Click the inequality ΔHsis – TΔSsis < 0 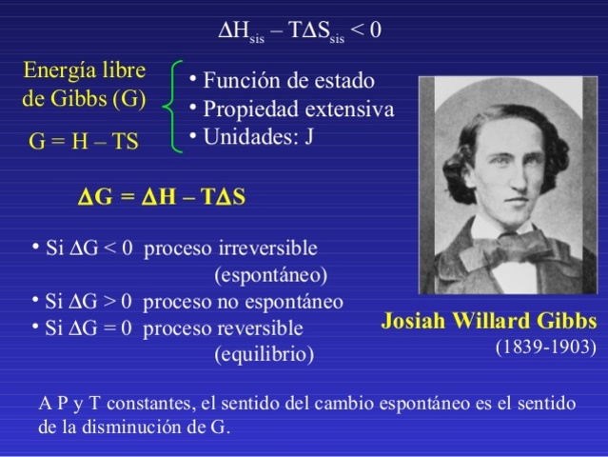300,30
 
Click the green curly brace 171,107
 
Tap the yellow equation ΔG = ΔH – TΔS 161,198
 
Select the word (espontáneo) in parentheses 270,275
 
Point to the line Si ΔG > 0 90,302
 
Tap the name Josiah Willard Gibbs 489,319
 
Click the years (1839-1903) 545,346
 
